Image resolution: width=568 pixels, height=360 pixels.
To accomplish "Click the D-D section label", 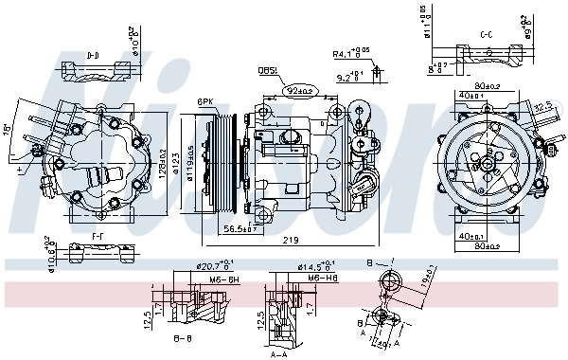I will click(x=93, y=56).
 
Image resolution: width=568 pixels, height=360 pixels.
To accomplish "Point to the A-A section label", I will click(x=279, y=353).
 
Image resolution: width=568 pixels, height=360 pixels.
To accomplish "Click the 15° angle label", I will click(x=8, y=127).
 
